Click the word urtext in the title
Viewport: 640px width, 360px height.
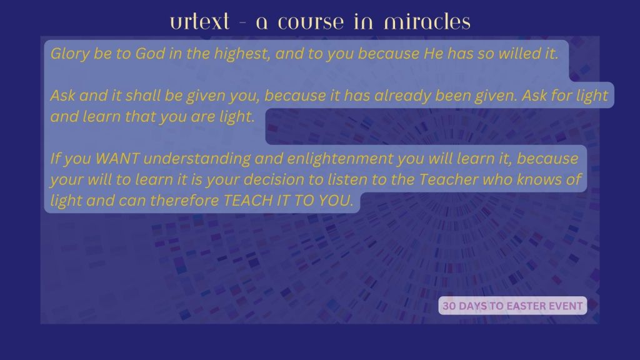(199, 22)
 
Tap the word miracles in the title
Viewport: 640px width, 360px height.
(427, 22)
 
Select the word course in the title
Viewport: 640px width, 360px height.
(311, 23)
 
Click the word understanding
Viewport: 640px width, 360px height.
(197, 159)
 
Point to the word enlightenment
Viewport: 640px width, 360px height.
(340, 159)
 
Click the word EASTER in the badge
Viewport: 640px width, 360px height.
(526, 306)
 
